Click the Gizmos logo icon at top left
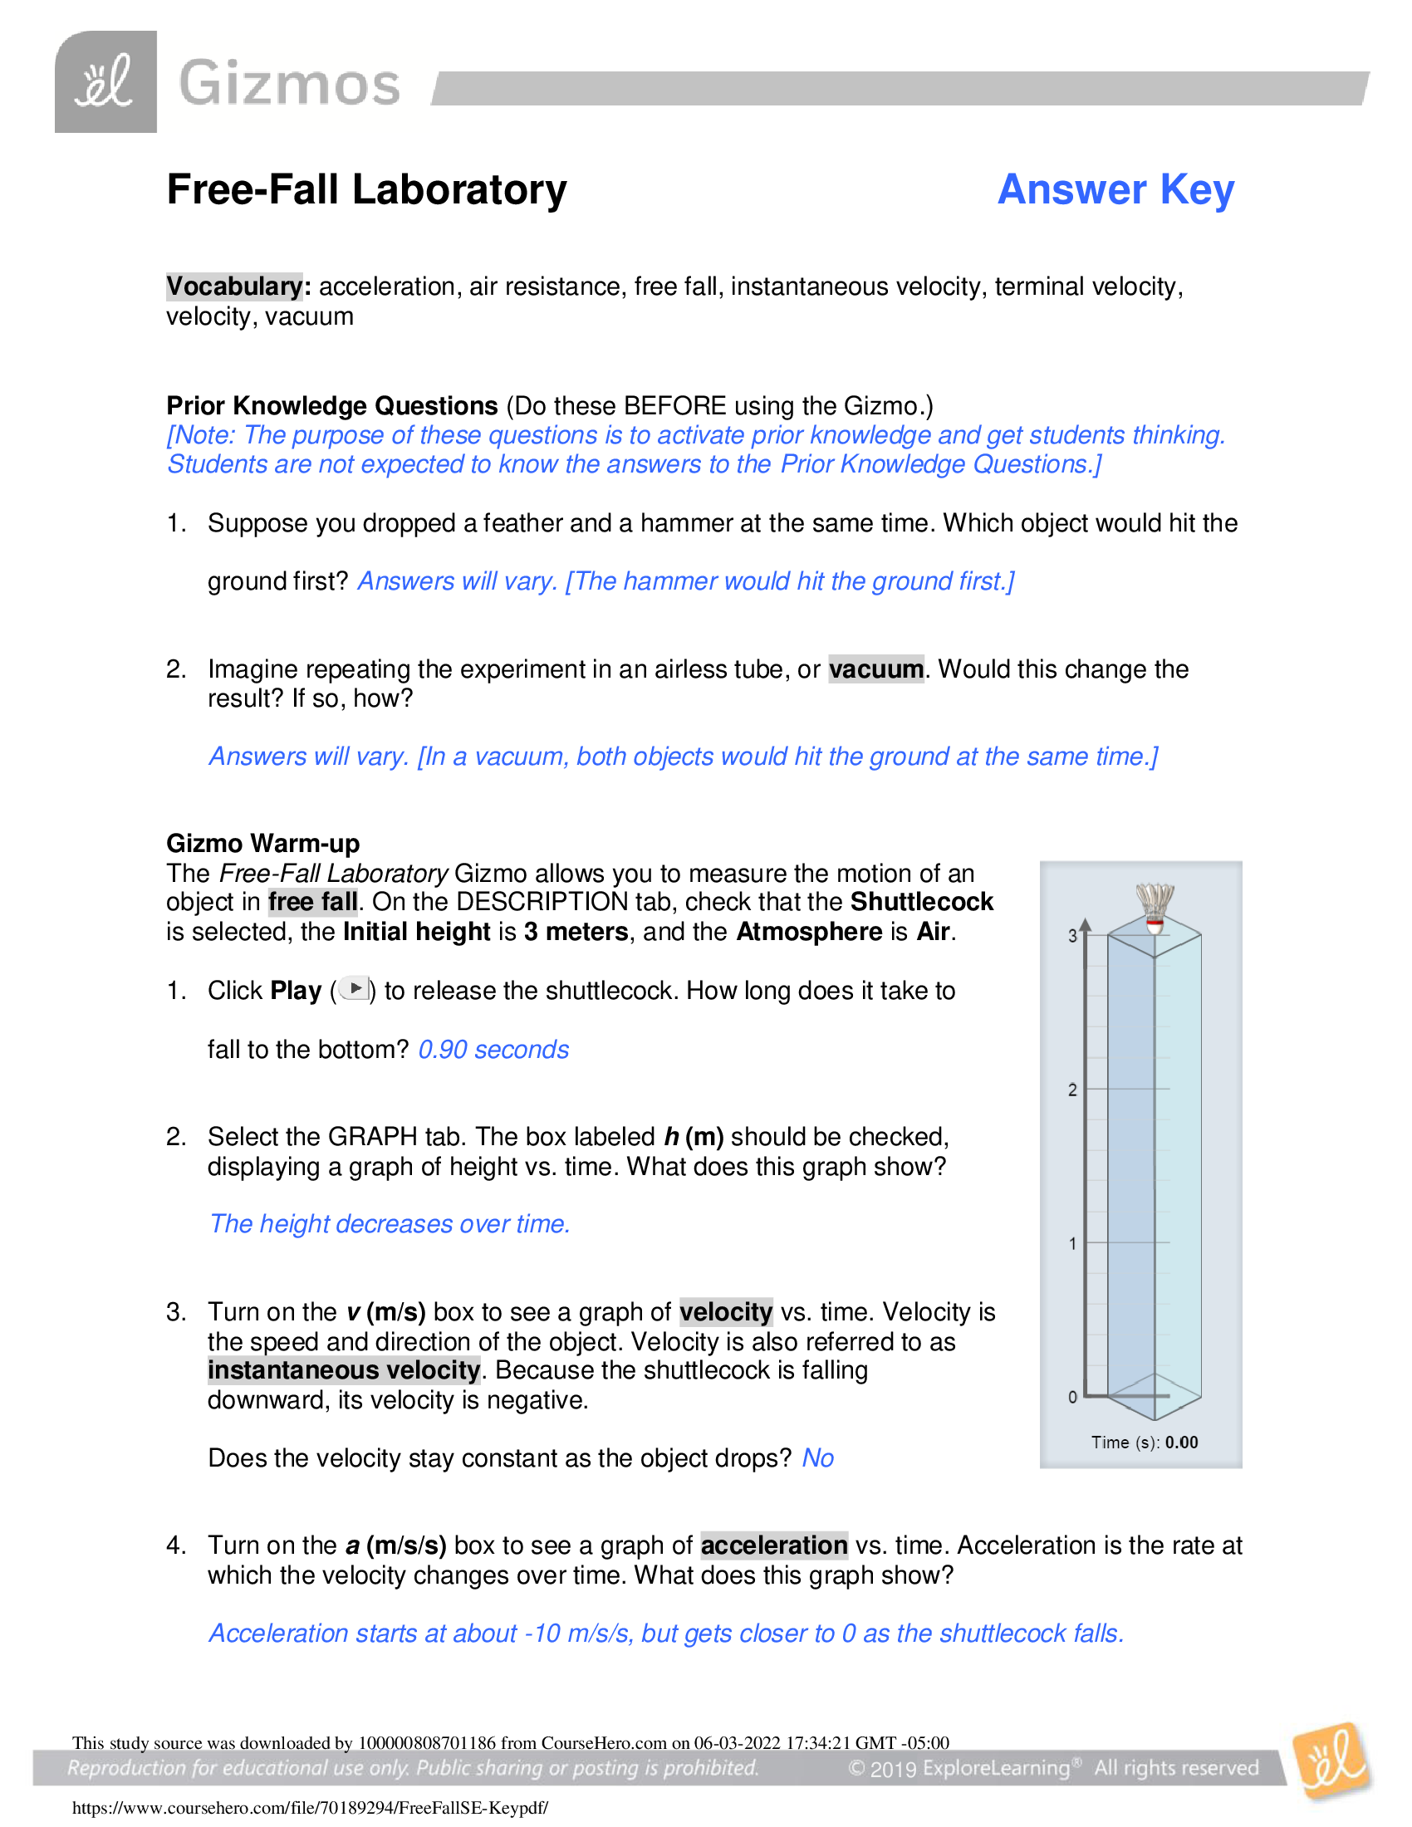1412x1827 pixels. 105,82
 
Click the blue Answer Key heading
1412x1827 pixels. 1115,190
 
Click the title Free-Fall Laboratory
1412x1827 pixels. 366,190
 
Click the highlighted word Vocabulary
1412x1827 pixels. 234,287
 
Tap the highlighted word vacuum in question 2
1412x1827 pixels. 875,669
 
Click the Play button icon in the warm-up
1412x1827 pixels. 355,989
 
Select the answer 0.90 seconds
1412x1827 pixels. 493,1050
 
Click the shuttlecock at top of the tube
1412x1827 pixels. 1155,909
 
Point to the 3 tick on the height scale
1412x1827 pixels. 1072,936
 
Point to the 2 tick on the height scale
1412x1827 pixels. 1072,1090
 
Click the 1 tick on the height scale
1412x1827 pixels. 1072,1244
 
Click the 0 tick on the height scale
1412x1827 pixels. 1072,1397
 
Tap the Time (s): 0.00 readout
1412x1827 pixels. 1144,1443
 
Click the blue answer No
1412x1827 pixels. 817,1458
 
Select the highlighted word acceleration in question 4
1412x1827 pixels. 774,1545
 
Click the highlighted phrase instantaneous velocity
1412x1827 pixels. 344,1370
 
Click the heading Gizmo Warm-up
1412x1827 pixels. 262,843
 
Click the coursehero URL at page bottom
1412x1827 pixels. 311,1808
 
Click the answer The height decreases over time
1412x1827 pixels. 390,1224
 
